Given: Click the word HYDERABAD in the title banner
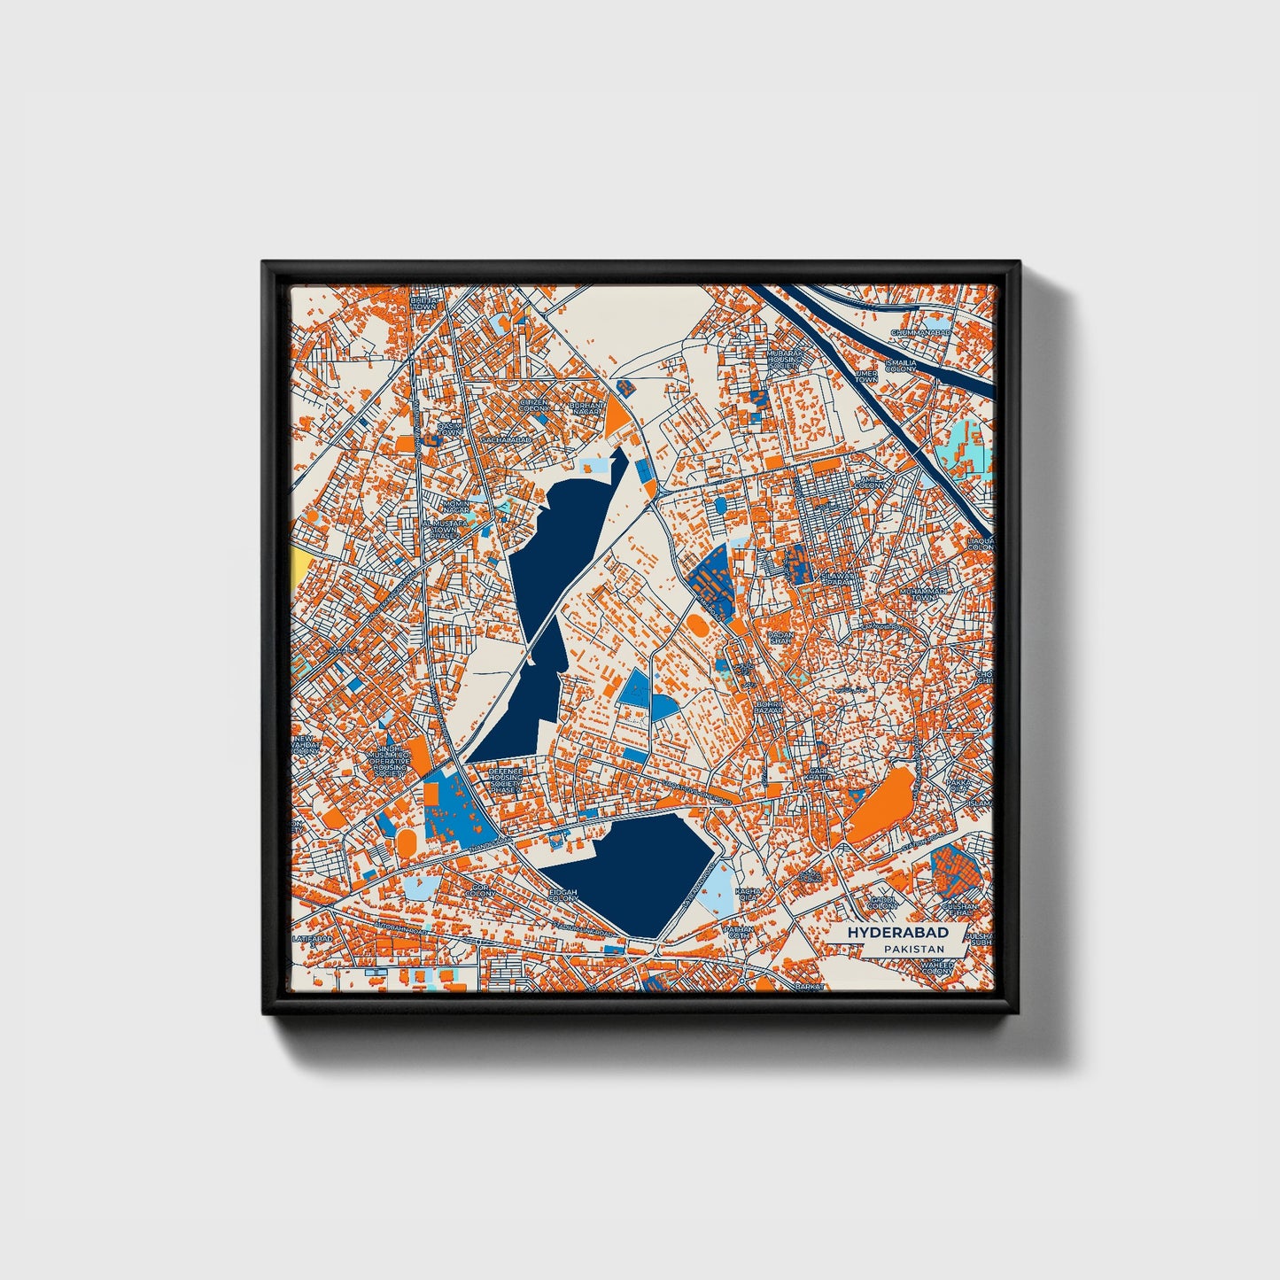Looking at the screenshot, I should (x=897, y=933).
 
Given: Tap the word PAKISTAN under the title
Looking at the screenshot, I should (x=912, y=950).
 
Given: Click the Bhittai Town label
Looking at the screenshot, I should (x=423, y=302).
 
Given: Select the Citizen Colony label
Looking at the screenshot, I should (x=534, y=405).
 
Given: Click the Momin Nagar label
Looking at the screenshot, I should (x=455, y=507).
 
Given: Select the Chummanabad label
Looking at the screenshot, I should (x=920, y=332).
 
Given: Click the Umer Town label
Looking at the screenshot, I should (x=865, y=376).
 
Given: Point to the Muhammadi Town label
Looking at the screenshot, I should (x=923, y=593).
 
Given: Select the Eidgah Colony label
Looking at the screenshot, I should (x=562, y=896).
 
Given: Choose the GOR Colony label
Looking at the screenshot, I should (x=481, y=890).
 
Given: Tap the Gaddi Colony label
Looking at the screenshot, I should (x=882, y=903).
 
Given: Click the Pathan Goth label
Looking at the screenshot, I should (x=737, y=933).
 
